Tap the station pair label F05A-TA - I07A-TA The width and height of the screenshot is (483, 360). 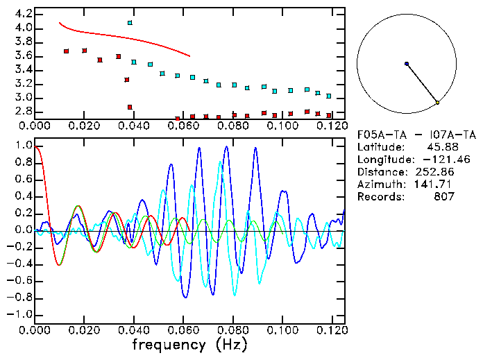point(416,135)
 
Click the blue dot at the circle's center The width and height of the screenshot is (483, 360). point(407,64)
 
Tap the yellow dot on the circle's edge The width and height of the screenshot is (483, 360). point(437,103)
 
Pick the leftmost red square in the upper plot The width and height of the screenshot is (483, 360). point(67,51)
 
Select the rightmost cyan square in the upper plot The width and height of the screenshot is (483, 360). point(329,96)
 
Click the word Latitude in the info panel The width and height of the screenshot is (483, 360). point(380,147)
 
